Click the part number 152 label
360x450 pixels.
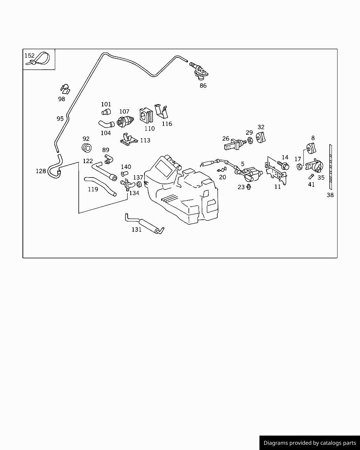click(x=30, y=56)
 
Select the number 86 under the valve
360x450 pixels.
click(x=203, y=85)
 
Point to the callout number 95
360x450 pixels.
click(x=60, y=119)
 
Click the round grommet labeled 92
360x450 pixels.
click(x=86, y=148)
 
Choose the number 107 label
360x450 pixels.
click(x=124, y=111)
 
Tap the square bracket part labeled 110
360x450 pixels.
click(x=146, y=115)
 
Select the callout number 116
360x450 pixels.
click(x=167, y=124)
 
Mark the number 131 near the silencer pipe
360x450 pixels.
click(x=136, y=230)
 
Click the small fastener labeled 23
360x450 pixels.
click(x=249, y=186)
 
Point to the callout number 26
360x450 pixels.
click(x=226, y=139)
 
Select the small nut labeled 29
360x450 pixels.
click(x=250, y=141)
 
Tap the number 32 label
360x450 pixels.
click(x=261, y=127)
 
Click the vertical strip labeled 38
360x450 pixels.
click(x=330, y=167)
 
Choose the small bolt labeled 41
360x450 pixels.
click(x=311, y=176)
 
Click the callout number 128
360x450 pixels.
click(x=41, y=171)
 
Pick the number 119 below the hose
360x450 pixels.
click(x=93, y=189)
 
